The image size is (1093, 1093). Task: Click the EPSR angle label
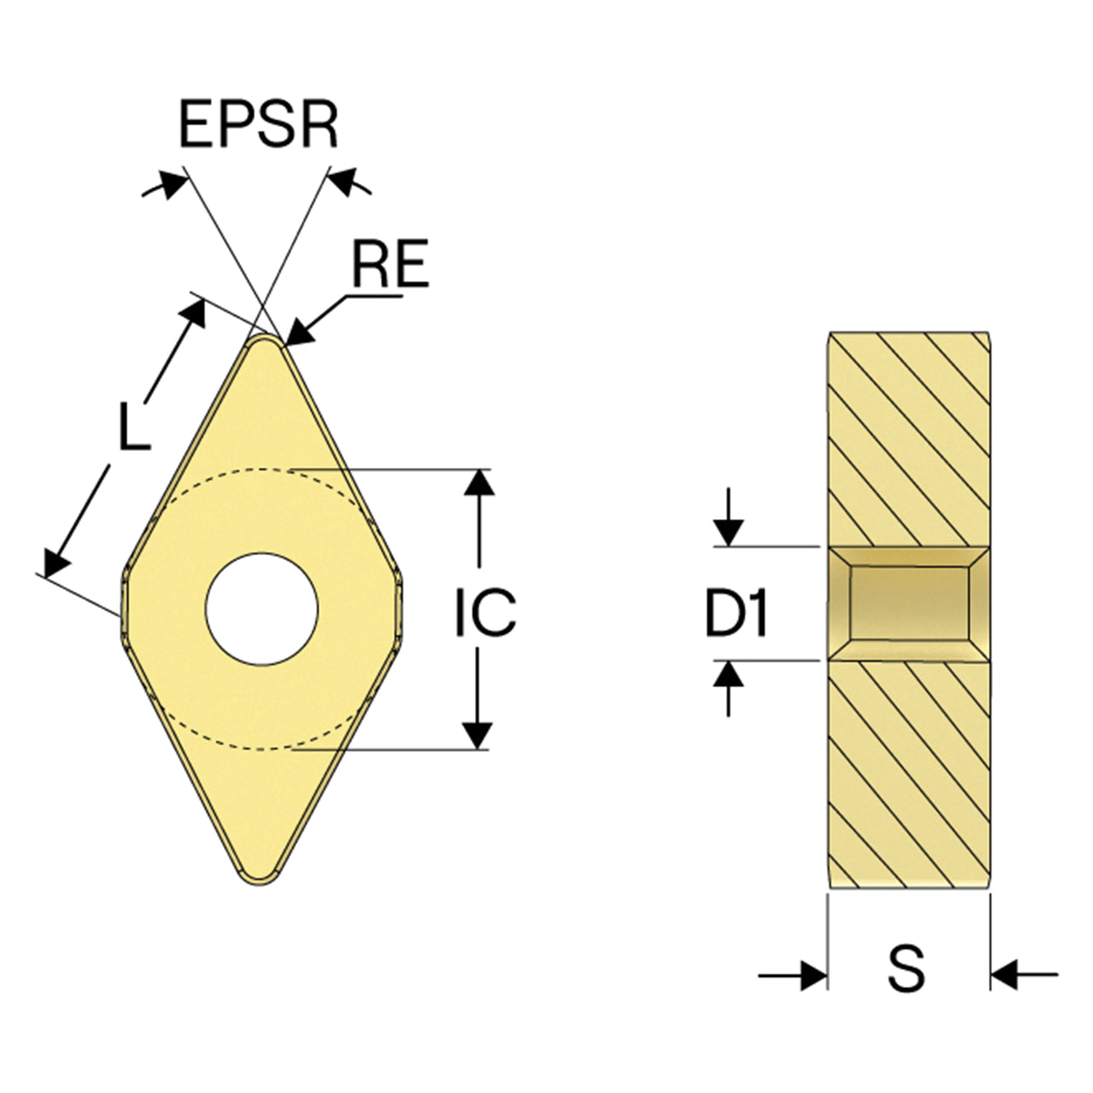click(259, 124)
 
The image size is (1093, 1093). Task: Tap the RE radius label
click(390, 263)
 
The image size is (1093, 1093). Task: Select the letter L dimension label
click(134, 426)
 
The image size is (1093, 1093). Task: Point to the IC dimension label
click(486, 612)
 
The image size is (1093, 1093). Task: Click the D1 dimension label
click(736, 612)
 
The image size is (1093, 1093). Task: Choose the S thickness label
click(906, 967)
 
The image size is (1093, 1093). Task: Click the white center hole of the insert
click(261, 609)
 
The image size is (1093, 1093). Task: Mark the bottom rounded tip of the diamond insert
click(260, 882)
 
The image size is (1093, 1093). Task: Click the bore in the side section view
click(909, 604)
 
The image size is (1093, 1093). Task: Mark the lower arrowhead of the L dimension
click(56, 563)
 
